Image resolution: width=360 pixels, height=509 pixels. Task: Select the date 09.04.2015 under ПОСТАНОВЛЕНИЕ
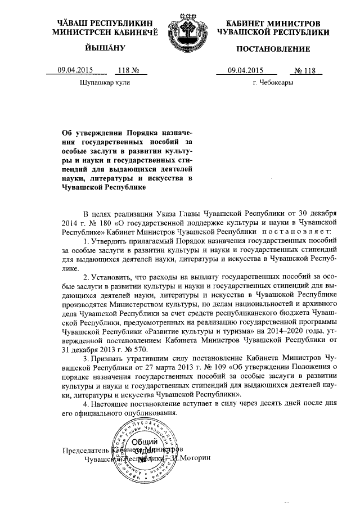tap(245, 70)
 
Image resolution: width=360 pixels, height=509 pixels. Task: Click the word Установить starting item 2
tap(110, 277)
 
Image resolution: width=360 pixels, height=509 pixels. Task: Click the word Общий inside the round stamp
tap(147, 443)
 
